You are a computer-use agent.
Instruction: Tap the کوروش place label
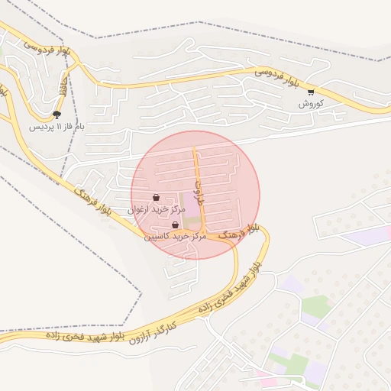(311, 103)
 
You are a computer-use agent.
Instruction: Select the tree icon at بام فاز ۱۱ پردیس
(57, 115)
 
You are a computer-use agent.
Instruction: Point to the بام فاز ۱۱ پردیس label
(56, 126)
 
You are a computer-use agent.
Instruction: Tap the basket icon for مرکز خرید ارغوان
(157, 197)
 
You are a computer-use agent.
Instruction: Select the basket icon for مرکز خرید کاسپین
(176, 225)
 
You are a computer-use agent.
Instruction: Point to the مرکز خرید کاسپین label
(176, 236)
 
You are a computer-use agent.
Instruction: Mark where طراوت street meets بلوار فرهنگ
(206, 234)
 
